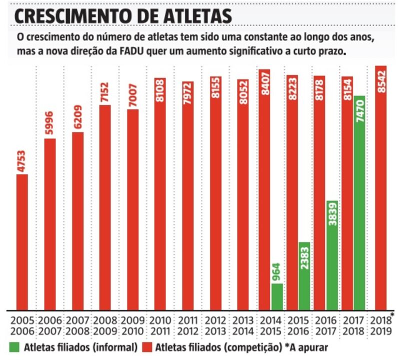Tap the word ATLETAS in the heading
[197, 14]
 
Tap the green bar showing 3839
[332, 255]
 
